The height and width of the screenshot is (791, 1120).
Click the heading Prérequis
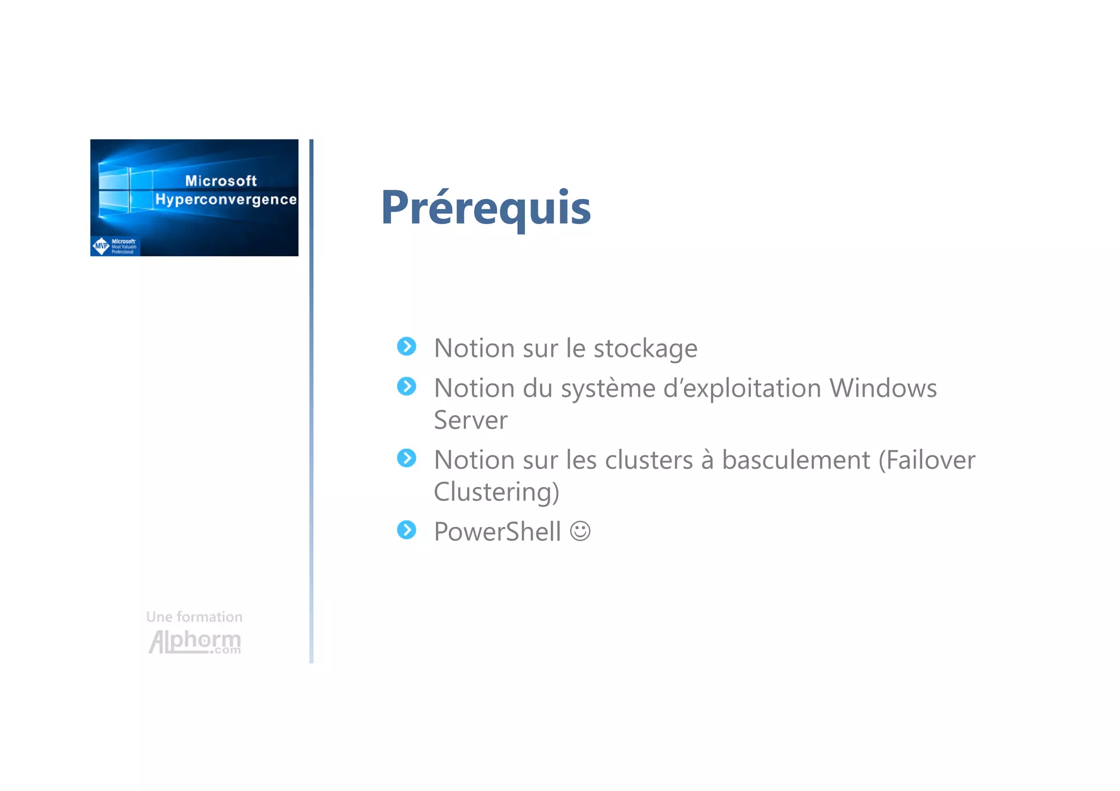pos(486,207)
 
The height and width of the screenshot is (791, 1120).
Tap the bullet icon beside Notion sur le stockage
pos(406,347)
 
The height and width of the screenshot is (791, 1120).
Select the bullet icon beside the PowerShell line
pos(406,530)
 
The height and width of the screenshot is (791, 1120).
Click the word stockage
pos(645,349)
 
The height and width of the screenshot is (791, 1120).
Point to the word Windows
pos(883,388)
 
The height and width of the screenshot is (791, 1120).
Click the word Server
pos(470,420)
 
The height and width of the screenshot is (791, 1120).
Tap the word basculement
pos(796,460)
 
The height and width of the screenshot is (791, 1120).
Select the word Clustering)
pos(496,492)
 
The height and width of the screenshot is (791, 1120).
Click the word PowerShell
pos(497,531)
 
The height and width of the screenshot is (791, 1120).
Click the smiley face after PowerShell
pos(580,531)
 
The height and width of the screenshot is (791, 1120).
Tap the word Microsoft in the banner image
pos(221,181)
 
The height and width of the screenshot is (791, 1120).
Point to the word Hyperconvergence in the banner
pos(226,200)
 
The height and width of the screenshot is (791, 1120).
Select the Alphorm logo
pos(195,641)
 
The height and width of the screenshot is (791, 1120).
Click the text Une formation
pos(194,617)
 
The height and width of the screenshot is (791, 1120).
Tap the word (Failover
pos(926,460)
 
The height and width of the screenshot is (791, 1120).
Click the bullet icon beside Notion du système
pos(406,386)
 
